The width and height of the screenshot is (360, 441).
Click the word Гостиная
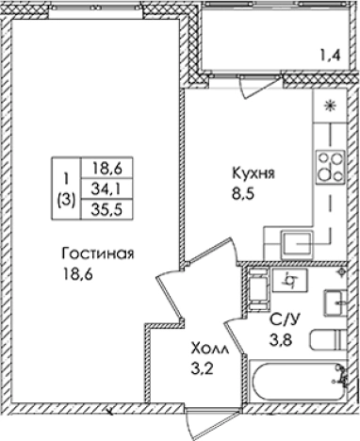click(97, 254)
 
